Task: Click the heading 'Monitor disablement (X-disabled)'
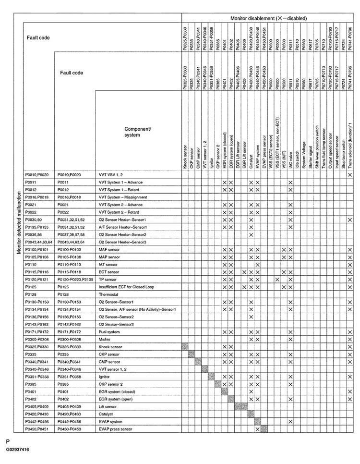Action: (268, 18)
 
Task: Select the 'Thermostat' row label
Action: (109, 293)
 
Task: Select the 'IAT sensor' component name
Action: (108, 264)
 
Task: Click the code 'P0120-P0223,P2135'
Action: (75, 279)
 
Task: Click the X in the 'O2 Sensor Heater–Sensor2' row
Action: (251, 234)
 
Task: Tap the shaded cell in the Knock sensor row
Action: (185, 346)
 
